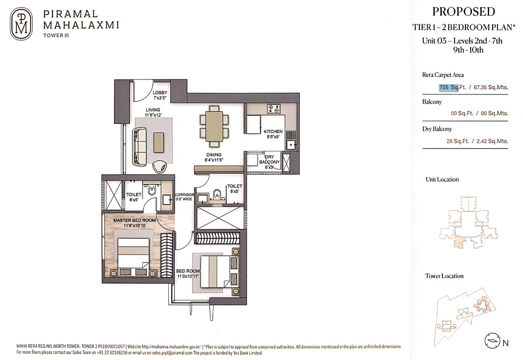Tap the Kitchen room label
[x=273, y=134]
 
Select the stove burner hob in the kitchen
[x=274, y=109]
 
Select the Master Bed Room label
[x=135, y=223]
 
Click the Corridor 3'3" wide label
[x=184, y=197]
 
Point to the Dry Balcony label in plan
[x=269, y=162]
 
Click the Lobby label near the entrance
[x=160, y=95]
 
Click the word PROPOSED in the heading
[x=463, y=12]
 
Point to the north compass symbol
[x=491, y=341]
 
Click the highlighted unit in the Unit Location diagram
[x=460, y=242]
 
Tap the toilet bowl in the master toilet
[x=152, y=190]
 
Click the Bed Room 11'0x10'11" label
[x=188, y=274]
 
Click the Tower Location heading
[x=444, y=276]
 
